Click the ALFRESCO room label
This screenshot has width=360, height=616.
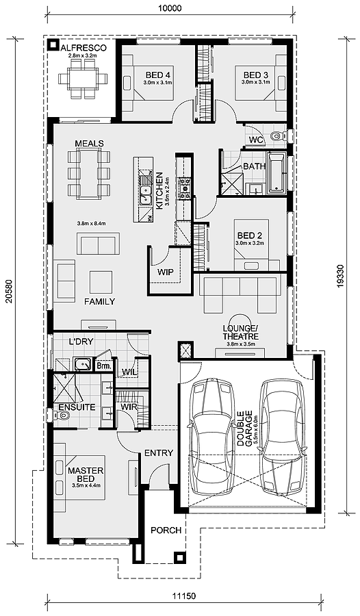tap(83, 48)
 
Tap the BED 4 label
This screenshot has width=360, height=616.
tap(155, 75)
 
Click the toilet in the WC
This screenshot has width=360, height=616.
tap(279, 136)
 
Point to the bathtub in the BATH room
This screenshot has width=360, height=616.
tap(277, 173)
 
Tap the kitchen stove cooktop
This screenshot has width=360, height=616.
tap(185, 188)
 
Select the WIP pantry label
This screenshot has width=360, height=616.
tap(166, 272)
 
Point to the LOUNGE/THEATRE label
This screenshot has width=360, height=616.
tap(240, 333)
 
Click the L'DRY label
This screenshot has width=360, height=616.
tap(81, 342)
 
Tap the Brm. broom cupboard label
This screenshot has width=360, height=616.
tap(105, 365)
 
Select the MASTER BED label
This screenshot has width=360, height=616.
tap(86, 474)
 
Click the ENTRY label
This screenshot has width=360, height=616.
tap(159, 453)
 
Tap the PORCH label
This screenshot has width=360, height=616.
tap(166, 530)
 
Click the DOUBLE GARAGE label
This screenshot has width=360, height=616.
tap(244, 428)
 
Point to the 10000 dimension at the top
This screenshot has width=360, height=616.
tap(171, 8)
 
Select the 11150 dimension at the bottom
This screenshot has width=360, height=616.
tap(184, 607)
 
